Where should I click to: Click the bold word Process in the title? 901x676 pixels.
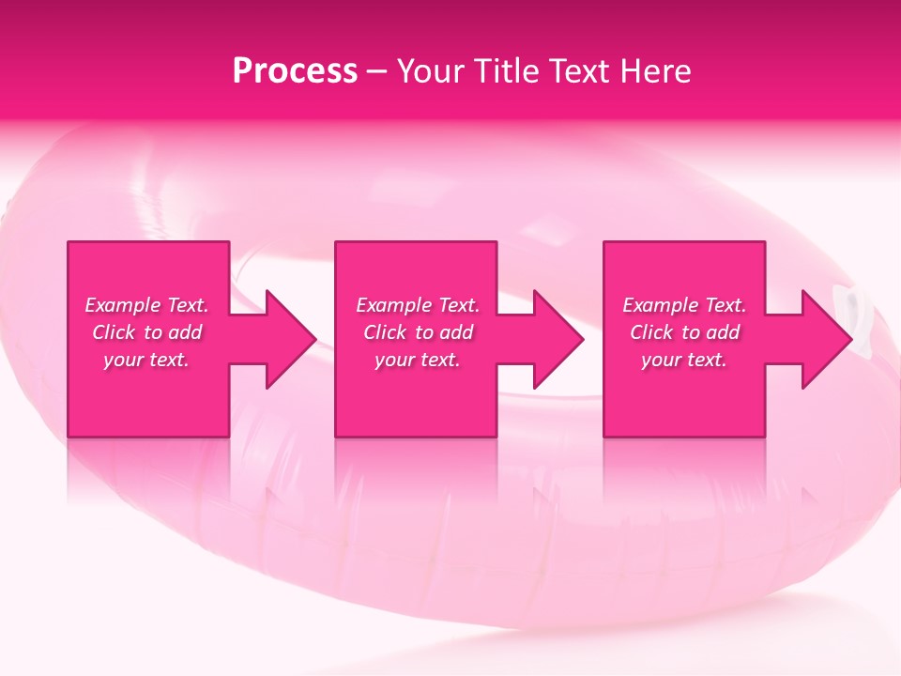(295, 71)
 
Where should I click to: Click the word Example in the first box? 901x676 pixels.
(122, 305)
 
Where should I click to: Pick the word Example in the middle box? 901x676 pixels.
(392, 305)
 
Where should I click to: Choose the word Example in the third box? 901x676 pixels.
(660, 305)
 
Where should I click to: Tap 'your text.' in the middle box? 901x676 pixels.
(418, 360)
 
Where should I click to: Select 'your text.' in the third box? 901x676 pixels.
(684, 360)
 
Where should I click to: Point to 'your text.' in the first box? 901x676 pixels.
(146, 360)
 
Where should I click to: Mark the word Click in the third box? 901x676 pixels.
(651, 332)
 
